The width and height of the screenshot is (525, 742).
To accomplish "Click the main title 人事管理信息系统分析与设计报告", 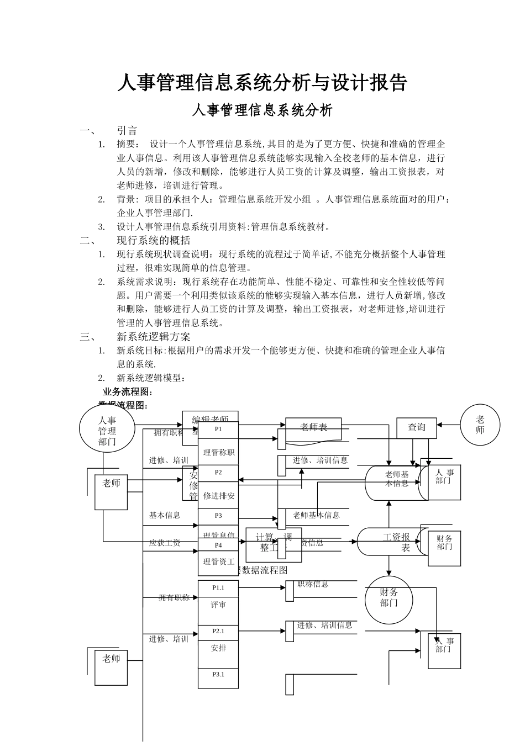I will [262, 83].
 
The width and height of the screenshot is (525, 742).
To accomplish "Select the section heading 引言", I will [127, 131].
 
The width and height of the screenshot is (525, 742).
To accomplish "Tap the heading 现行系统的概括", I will [154, 240].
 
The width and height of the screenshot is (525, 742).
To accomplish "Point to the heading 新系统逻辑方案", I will [154, 336].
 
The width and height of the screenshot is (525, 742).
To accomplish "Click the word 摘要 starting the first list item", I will [125, 144].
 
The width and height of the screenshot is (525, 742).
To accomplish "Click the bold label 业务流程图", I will [127, 392].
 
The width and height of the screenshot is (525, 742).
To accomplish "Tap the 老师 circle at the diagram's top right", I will [480, 425].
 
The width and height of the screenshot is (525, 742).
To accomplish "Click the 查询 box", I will [417, 427].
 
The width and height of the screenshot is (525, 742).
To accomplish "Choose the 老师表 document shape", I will [314, 427].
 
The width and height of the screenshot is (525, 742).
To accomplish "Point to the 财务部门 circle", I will [389, 597].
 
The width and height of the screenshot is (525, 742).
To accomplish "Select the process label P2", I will [218, 473].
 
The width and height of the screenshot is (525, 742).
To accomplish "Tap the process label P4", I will [218, 545].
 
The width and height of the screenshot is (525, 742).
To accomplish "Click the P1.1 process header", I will [218, 588].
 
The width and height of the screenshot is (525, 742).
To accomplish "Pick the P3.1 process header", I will [218, 674].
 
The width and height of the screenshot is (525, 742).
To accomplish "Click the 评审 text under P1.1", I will [218, 605].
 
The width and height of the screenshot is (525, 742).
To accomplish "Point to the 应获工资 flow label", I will [165, 543].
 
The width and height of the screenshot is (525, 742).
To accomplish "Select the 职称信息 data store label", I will [313, 584].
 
